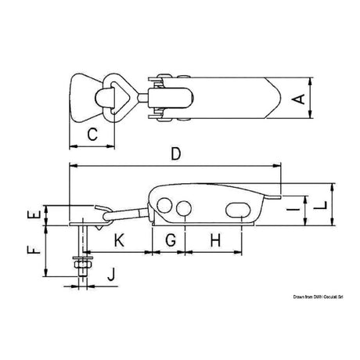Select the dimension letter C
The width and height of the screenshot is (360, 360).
pos(92,135)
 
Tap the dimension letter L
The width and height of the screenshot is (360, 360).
pos(342,207)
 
